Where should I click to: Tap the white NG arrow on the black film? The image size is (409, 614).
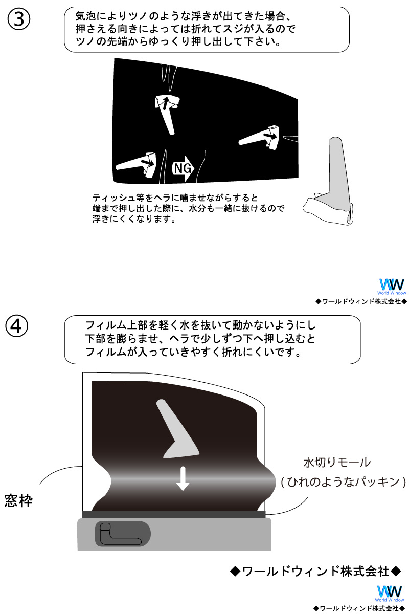[184, 168]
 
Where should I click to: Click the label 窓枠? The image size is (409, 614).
[18, 500]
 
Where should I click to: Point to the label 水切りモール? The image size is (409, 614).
[336, 463]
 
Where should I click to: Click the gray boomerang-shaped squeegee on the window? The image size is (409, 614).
[176, 431]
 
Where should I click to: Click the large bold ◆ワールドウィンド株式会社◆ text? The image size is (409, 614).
[315, 571]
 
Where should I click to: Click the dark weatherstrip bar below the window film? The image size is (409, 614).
[173, 514]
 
